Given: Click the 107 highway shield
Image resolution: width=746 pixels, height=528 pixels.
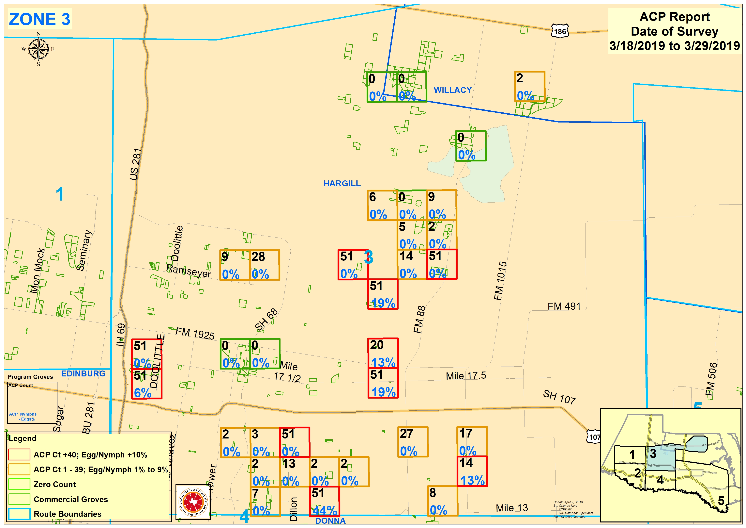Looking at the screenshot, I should [x=594, y=437].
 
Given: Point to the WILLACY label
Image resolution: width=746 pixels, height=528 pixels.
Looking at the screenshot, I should [x=453, y=90].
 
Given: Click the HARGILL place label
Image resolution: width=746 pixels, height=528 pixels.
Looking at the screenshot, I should [x=342, y=184].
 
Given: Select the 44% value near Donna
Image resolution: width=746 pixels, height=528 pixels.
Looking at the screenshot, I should [x=325, y=511].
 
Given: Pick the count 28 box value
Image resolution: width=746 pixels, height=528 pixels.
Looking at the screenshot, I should [x=258, y=257].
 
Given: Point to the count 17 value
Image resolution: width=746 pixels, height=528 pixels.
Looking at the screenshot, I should [x=466, y=434].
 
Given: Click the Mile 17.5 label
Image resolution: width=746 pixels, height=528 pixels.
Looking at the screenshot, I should [x=466, y=376].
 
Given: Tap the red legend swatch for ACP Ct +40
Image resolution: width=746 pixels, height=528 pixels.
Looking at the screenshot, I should [x=20, y=454].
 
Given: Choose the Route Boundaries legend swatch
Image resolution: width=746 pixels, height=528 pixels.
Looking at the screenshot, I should [x=20, y=514].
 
